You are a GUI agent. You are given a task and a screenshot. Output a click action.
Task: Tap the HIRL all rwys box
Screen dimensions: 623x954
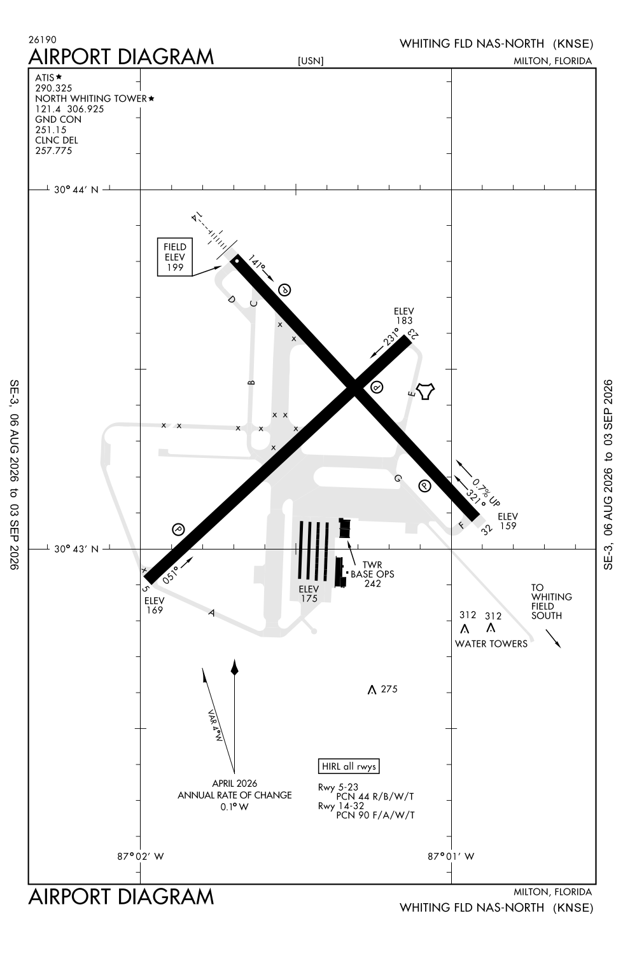(x=349, y=766)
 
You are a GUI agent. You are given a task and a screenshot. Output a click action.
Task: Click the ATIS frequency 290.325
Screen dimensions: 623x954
(x=53, y=88)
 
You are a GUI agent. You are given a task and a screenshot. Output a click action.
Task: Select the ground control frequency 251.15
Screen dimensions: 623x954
(x=51, y=130)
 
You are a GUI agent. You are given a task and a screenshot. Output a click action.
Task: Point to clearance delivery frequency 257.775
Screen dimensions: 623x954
(x=53, y=151)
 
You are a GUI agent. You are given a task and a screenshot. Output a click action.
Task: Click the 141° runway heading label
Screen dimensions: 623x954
(x=257, y=262)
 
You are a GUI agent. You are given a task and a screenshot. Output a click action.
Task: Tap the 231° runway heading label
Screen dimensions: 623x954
(x=390, y=337)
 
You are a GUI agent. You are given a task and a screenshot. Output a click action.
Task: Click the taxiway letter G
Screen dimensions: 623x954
(x=398, y=479)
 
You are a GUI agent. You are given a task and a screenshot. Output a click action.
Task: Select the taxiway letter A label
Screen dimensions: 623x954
(x=211, y=613)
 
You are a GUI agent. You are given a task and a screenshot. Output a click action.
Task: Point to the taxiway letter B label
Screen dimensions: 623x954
(x=251, y=382)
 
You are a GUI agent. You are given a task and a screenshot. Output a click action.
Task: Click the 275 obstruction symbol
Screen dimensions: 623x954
(x=372, y=689)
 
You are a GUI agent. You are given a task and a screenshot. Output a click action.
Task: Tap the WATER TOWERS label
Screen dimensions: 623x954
(x=491, y=644)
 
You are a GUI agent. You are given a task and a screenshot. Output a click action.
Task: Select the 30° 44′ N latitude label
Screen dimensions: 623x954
(x=76, y=190)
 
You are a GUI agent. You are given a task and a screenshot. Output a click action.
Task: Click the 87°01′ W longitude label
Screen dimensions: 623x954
(x=451, y=857)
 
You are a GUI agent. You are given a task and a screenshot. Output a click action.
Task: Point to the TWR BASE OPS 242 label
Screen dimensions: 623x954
(x=372, y=574)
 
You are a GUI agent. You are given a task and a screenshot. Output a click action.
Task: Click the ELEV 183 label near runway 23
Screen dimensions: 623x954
(x=403, y=316)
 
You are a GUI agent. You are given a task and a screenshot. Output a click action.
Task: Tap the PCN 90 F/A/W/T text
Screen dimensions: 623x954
(x=375, y=815)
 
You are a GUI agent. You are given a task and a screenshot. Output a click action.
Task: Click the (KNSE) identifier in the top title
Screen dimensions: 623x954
(x=573, y=44)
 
